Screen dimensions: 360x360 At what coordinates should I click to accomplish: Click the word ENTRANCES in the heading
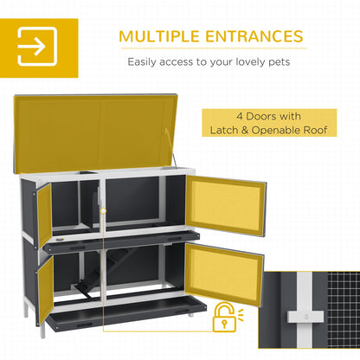(254, 36)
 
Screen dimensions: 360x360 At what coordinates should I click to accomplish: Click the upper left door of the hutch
(43, 212)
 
